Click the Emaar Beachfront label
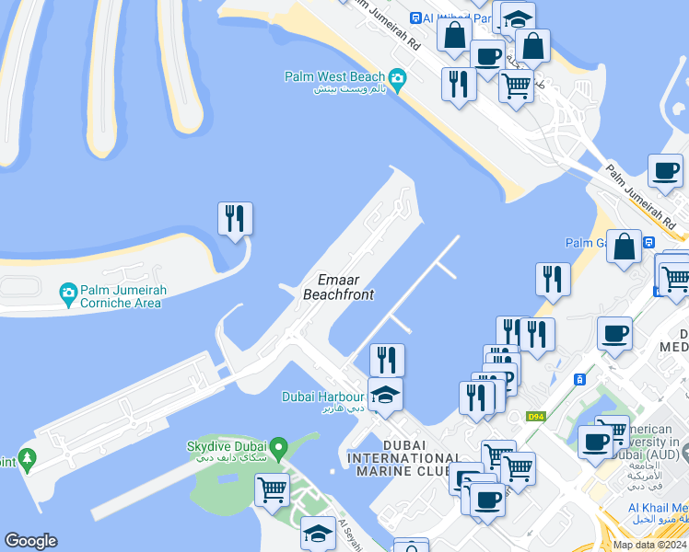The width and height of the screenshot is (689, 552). [x=339, y=287]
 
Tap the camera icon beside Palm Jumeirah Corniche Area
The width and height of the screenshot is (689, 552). [x=68, y=294]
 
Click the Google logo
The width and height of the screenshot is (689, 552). [x=30, y=541]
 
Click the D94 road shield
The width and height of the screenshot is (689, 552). [x=536, y=417]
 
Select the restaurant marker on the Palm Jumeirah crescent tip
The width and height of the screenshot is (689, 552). [x=235, y=219]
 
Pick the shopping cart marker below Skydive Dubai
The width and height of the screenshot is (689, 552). [x=272, y=490]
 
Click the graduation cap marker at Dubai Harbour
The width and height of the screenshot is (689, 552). [x=386, y=395]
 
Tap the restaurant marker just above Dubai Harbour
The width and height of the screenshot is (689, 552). [x=387, y=360]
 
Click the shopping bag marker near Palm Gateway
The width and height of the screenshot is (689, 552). [x=625, y=247]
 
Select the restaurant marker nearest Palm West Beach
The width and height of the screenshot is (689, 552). [x=459, y=84]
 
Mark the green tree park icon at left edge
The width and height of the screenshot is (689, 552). [x=28, y=457]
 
